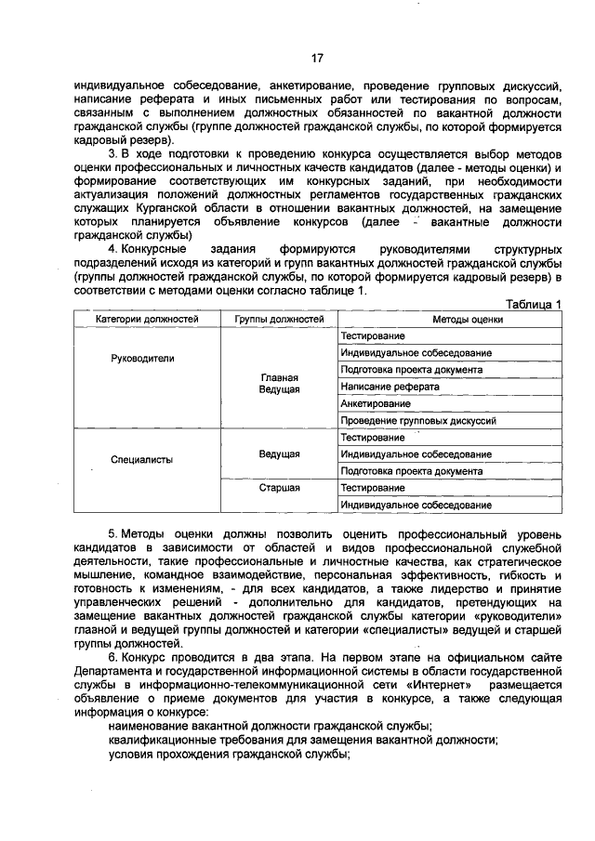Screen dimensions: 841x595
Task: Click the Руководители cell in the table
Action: (142, 358)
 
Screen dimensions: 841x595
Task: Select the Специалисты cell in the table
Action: (141, 459)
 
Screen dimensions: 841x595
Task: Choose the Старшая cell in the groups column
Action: (278, 487)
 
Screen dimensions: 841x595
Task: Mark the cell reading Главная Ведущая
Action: (278, 383)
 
